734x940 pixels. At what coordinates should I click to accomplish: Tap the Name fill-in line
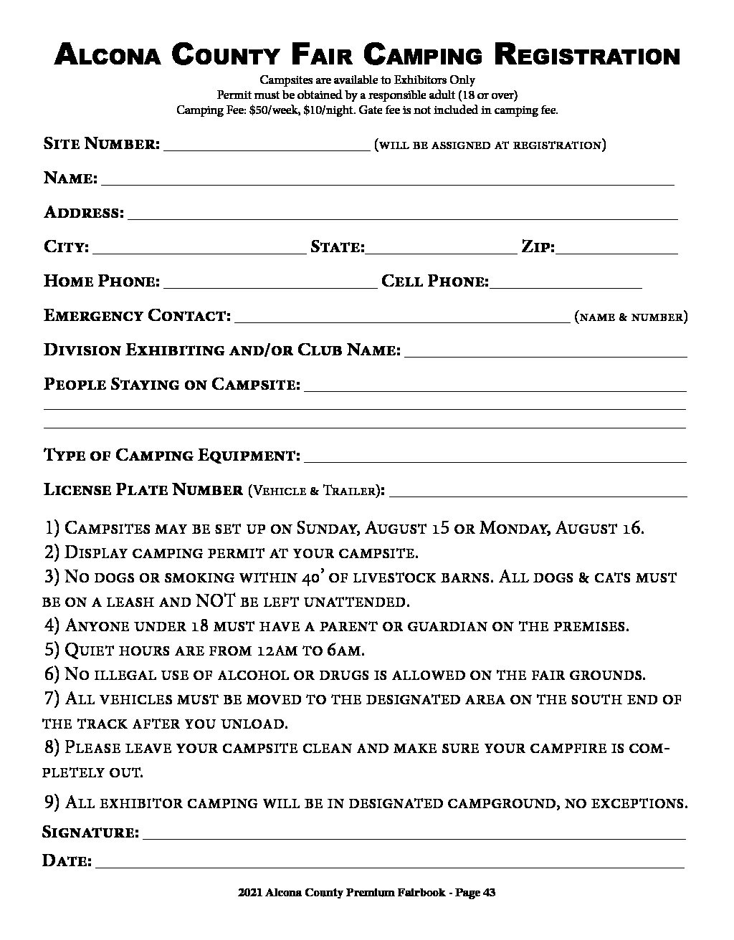(x=387, y=180)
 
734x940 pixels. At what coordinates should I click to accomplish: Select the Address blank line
(x=402, y=214)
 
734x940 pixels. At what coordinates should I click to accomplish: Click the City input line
(x=199, y=249)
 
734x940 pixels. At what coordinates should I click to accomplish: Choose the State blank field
(x=441, y=249)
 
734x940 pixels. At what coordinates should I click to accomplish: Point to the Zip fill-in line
(x=617, y=249)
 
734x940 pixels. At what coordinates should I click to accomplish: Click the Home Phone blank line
(x=270, y=283)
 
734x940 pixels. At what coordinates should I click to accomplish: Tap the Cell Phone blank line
(x=566, y=283)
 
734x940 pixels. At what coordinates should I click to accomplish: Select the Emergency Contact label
(x=137, y=316)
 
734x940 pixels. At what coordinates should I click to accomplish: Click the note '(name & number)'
(x=631, y=317)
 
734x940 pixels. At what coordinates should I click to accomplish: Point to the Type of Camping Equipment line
(x=495, y=457)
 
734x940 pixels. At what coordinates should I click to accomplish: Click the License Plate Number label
(x=143, y=491)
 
